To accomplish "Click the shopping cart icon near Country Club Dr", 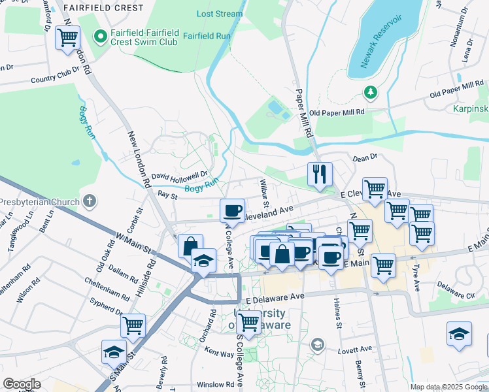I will (67, 38).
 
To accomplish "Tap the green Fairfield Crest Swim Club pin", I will (101, 37).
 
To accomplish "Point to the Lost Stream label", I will (220, 14).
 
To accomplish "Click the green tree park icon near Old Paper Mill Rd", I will (371, 92).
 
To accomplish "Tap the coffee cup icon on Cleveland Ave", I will (233, 210).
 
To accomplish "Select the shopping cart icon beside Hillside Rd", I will (133, 325).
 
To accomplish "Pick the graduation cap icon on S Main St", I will (114, 352).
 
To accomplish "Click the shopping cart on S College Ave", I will (248, 321).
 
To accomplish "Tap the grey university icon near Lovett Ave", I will (318, 344).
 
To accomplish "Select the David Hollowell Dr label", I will (179, 176).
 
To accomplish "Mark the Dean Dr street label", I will (365, 157).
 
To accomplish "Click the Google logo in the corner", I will (21, 384).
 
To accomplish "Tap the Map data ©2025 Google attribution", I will (448, 387).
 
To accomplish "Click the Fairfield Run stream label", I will (206, 36).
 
